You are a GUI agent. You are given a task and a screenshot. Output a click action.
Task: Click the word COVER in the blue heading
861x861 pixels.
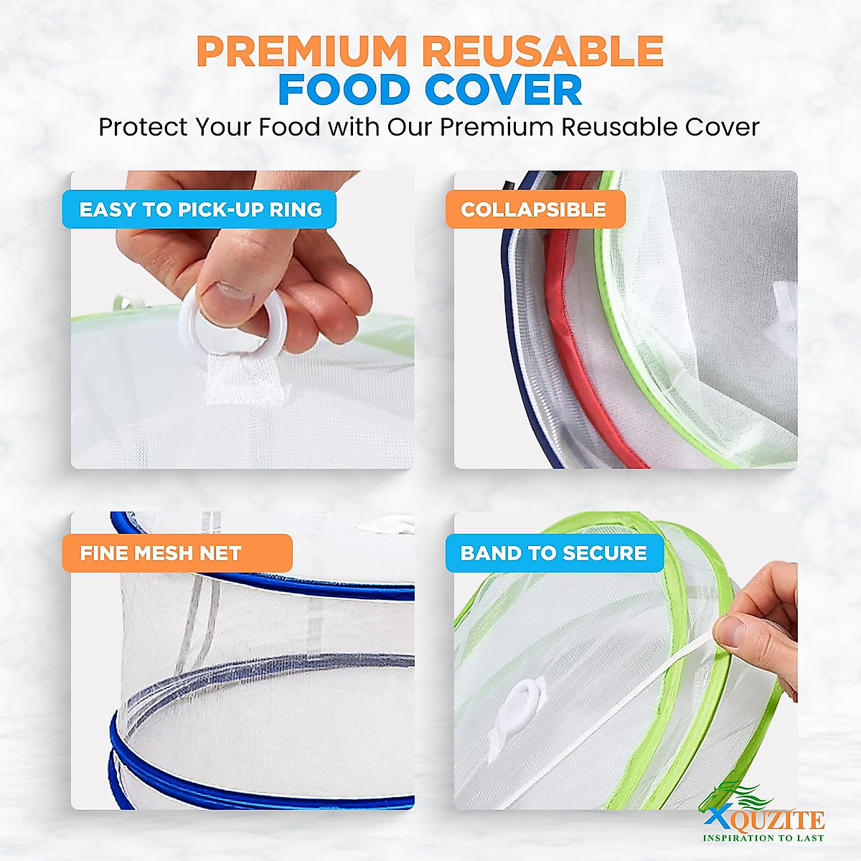[x=503, y=90]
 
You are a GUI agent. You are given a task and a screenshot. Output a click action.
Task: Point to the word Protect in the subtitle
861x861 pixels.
[x=143, y=128]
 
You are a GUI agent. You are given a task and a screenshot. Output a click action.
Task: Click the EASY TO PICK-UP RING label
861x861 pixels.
[x=199, y=210]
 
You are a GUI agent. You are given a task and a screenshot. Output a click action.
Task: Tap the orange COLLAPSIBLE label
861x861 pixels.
[x=534, y=210]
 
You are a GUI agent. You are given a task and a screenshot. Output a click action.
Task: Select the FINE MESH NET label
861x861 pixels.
[x=160, y=553]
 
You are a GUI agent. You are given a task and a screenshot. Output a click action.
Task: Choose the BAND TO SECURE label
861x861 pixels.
[x=553, y=553]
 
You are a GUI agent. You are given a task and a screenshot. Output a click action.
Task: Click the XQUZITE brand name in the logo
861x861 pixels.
[x=763, y=819]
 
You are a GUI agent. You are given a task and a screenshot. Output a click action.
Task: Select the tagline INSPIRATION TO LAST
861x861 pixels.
[x=763, y=837]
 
